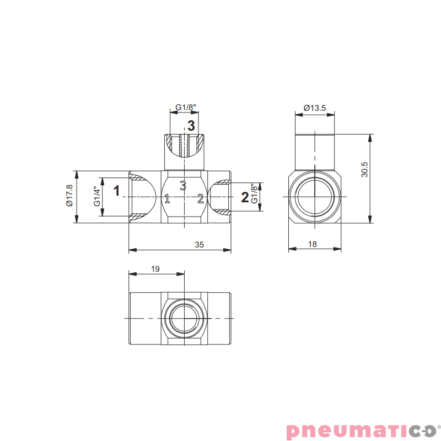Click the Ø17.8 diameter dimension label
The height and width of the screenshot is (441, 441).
[x=69, y=196]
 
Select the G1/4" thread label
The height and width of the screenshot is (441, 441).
[x=97, y=196]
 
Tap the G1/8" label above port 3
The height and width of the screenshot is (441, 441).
[x=186, y=107]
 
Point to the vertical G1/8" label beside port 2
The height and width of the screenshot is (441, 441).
[x=254, y=193]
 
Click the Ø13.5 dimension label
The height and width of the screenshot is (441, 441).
[x=315, y=107]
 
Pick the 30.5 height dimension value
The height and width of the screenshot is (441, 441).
[x=364, y=169]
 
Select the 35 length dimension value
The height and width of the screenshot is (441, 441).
[x=199, y=245]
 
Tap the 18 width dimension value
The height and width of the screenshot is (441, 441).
[x=313, y=244]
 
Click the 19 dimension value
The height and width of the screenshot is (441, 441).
[x=155, y=269]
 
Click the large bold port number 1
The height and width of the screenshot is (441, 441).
[x=116, y=191]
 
